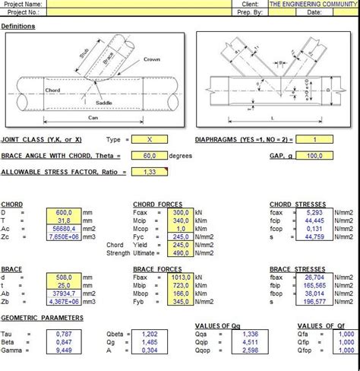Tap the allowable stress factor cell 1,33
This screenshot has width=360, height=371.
[150, 172]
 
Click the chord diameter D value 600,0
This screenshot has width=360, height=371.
[63, 212]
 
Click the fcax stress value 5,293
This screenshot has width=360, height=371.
[314, 212]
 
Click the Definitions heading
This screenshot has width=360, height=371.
[18, 27]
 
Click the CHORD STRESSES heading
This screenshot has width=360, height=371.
[297, 204]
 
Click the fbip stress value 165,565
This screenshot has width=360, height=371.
[314, 287]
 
